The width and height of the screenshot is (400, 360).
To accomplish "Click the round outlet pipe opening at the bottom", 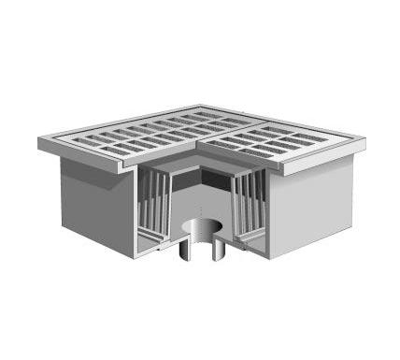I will point(200,227).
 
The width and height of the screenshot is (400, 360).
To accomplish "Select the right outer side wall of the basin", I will point(312,202).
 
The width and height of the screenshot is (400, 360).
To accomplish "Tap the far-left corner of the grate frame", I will point(40,141).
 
